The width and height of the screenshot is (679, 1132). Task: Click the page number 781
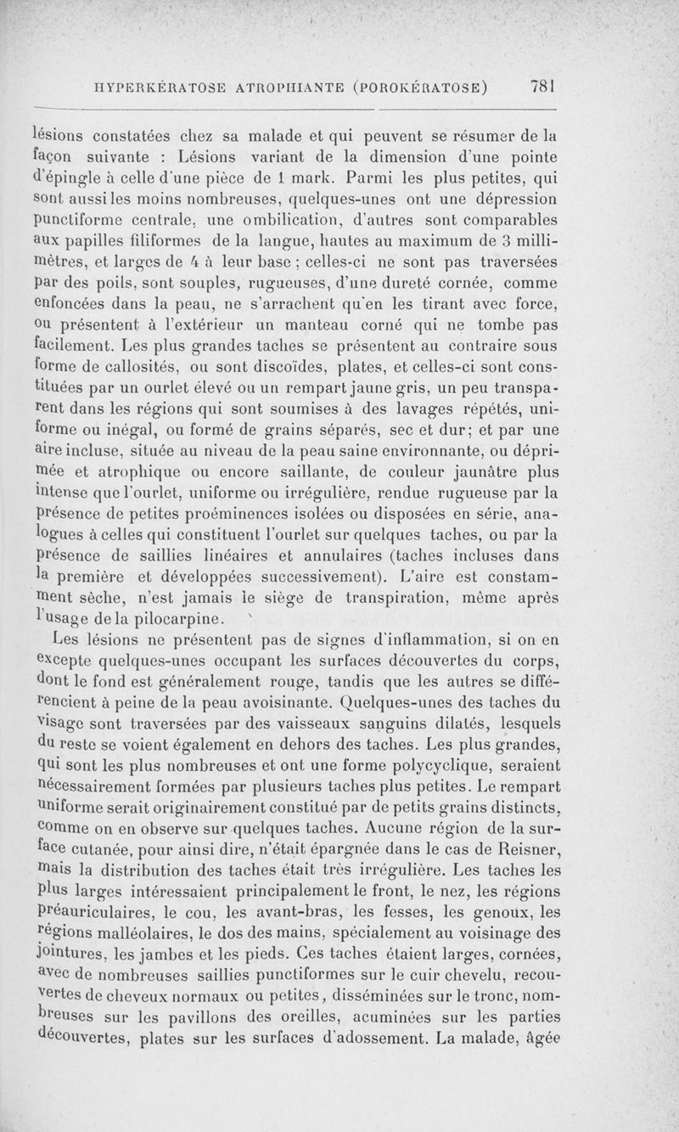[541, 86]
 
